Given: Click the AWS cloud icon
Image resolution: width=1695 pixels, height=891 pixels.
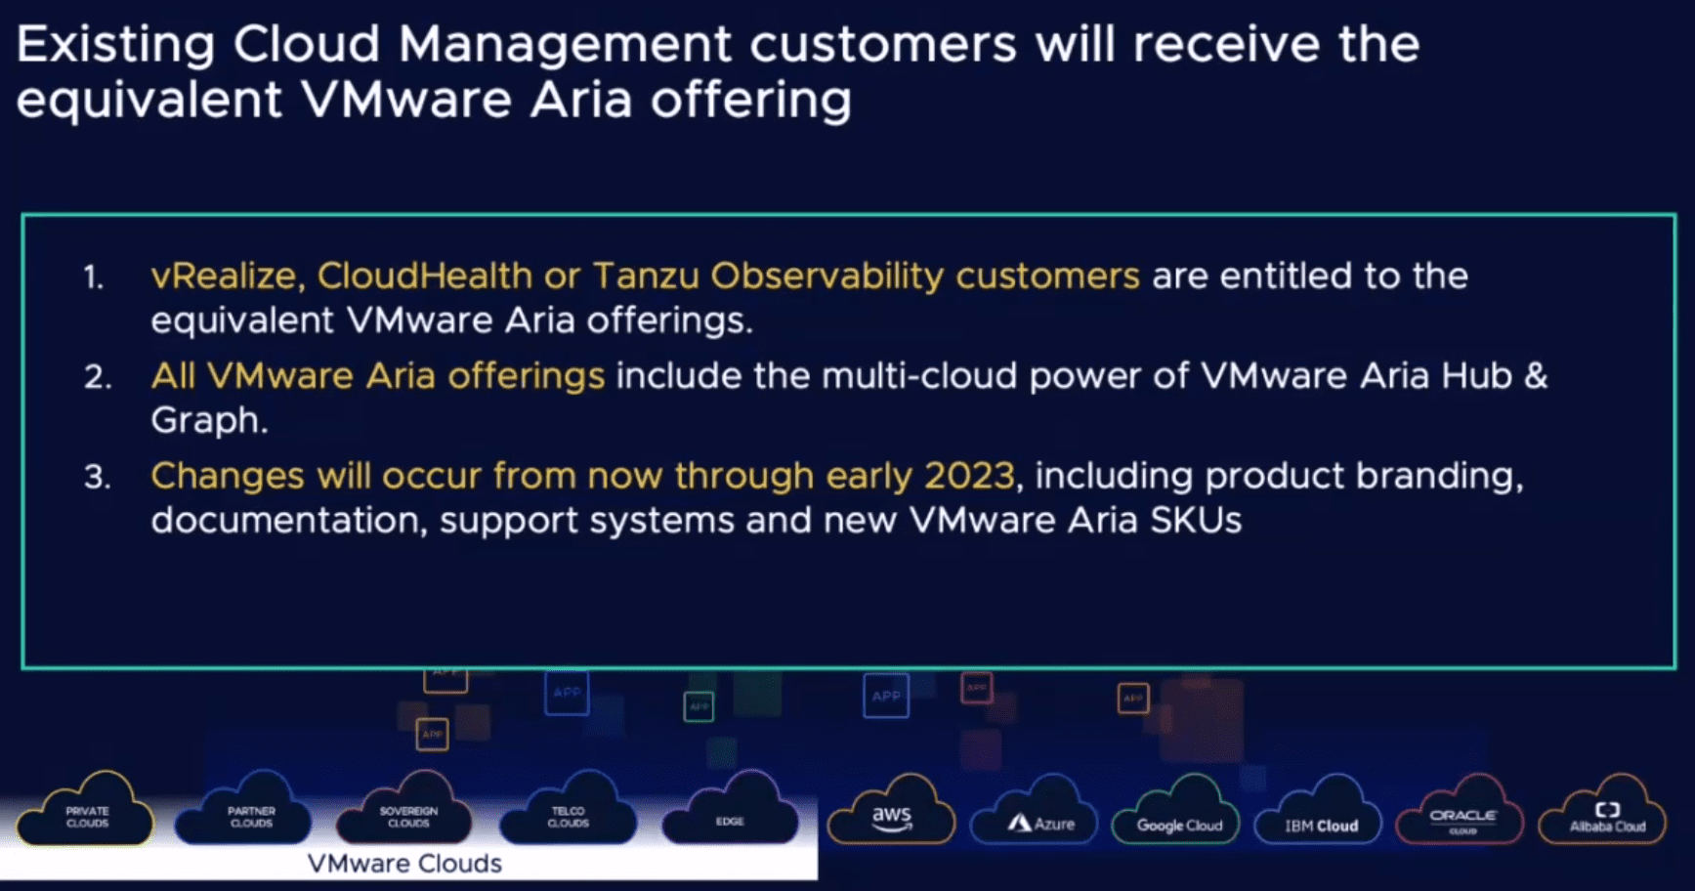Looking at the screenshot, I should coord(891,813).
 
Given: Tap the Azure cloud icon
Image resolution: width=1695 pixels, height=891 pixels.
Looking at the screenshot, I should coord(1041,815).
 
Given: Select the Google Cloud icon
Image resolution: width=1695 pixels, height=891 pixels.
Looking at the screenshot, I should coord(1178,816).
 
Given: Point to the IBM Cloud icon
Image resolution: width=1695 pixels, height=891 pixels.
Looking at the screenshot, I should coord(1321,816).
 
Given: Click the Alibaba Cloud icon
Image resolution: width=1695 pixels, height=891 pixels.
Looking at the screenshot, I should coord(1606,815).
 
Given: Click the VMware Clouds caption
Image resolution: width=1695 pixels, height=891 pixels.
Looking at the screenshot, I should coord(404,864).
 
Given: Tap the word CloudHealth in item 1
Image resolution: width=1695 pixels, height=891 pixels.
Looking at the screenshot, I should coord(424,276).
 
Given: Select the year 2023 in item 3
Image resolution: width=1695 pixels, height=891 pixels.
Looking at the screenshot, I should coord(968,476).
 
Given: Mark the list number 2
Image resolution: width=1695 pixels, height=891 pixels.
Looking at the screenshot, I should coord(97,377).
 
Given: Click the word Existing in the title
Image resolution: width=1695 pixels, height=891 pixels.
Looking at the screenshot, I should coord(115,45).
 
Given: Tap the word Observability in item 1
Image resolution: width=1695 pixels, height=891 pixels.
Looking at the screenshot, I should coord(826,276).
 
